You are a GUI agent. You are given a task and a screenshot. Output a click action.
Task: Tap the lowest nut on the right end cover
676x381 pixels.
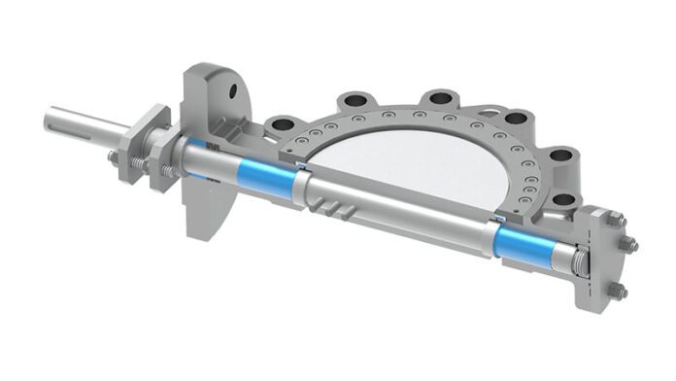[x=620, y=292]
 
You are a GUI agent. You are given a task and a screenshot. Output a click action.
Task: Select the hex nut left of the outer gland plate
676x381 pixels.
[x=115, y=156]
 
